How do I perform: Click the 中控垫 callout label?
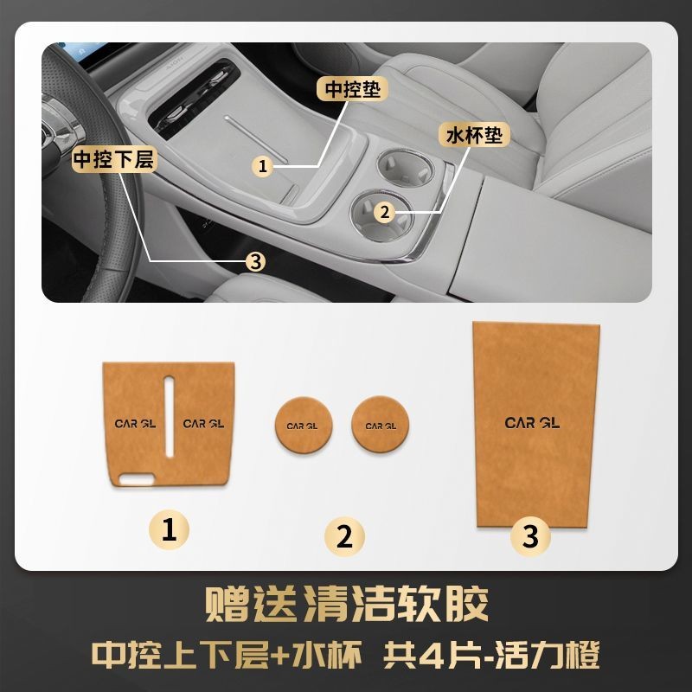352,89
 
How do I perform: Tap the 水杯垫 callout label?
474,135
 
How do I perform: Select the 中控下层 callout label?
114,159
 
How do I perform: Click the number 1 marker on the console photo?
263,166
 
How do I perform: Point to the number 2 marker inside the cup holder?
385,212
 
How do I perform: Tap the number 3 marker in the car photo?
256,262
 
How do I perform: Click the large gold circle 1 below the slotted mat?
169,529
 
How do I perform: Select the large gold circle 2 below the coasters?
344,536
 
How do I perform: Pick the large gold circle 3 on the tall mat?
530,536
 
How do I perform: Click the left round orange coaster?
304,425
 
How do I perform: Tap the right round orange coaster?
381,425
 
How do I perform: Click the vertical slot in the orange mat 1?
170,417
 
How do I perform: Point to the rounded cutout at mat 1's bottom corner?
137,480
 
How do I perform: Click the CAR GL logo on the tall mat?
532,423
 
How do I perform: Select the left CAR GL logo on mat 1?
135,424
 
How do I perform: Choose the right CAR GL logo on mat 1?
203,424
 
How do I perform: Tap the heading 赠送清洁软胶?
347,603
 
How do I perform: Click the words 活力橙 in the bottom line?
548,655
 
